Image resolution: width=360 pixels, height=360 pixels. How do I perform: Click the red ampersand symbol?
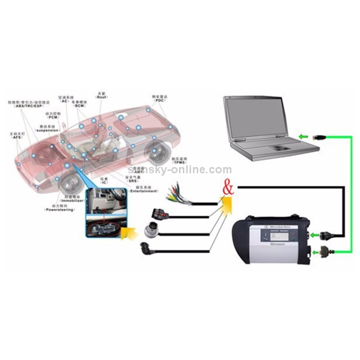point(228,187)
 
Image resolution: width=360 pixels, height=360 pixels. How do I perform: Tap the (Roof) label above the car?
point(101,97)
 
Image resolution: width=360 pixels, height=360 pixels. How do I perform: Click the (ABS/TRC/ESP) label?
point(27,106)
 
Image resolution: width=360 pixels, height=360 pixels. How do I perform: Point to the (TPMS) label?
point(179,162)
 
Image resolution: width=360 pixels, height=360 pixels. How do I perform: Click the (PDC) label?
point(159,101)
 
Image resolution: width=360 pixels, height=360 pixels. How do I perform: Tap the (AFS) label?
point(16,137)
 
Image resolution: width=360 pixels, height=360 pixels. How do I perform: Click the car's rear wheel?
point(157,150)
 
